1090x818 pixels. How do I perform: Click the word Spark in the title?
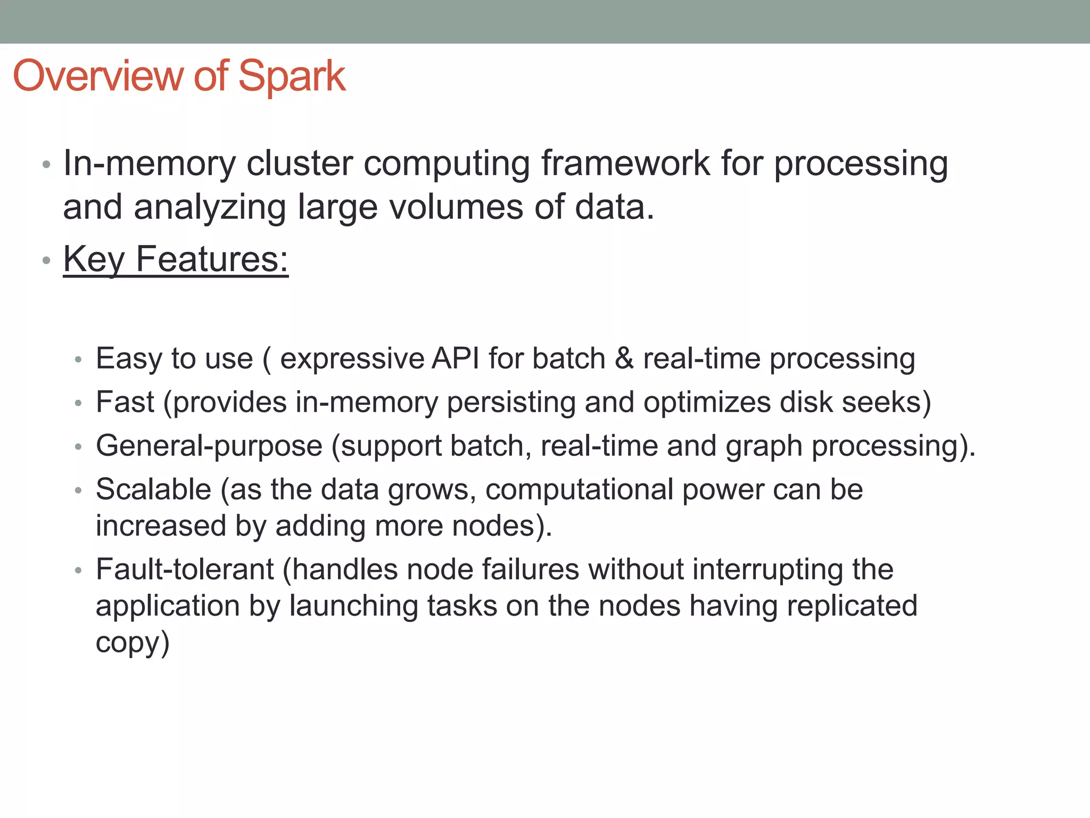click(292, 77)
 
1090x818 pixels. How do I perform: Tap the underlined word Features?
click(212, 259)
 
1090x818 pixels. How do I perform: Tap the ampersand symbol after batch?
click(624, 358)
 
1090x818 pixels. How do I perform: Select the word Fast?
click(125, 402)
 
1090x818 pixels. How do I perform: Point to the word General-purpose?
click(209, 446)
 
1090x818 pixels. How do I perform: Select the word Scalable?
click(153, 489)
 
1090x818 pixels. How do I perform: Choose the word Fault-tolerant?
click(185, 569)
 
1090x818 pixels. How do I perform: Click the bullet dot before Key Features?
click(47, 261)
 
